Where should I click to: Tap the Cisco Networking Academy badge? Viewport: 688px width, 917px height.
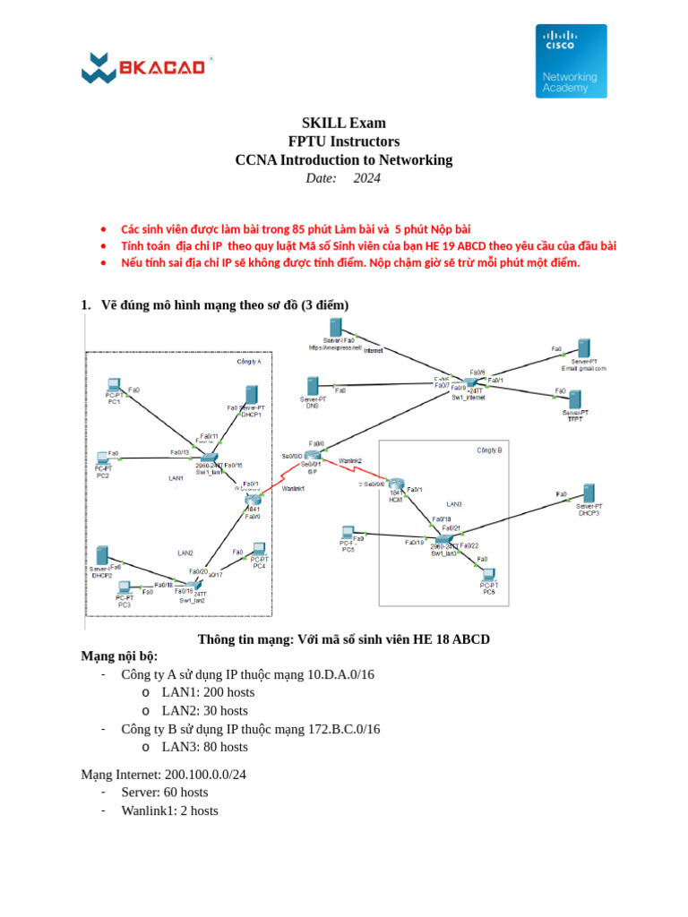tap(571, 61)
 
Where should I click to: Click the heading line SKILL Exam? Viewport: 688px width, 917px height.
tap(343, 123)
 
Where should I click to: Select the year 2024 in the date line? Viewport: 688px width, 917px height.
tap(366, 178)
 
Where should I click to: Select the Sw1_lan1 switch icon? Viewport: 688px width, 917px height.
tap(208, 458)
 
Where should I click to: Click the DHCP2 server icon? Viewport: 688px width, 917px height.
tap(102, 555)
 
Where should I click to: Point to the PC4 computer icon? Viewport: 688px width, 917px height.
tap(258, 550)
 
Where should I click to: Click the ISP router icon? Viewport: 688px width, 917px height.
tap(312, 456)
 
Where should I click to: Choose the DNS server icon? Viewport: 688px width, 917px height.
tap(313, 386)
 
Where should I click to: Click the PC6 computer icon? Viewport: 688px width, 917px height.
tap(488, 575)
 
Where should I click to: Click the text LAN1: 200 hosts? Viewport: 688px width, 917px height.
tap(208, 692)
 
